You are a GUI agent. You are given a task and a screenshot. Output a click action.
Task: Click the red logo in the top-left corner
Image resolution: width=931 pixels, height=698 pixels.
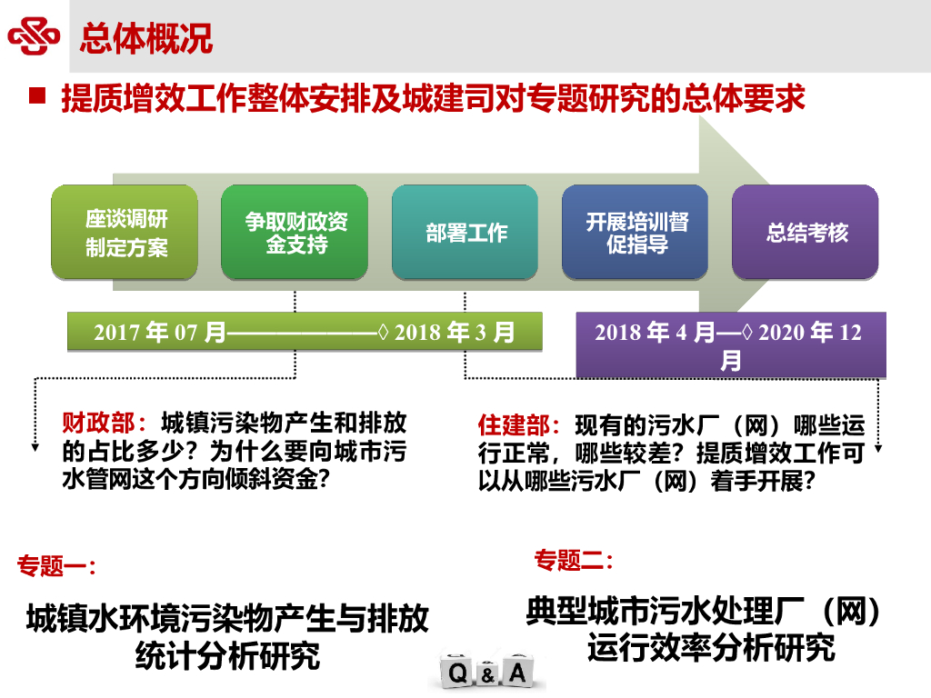click(34, 37)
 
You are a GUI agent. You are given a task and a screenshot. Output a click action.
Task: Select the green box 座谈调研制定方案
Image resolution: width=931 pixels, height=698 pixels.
click(125, 233)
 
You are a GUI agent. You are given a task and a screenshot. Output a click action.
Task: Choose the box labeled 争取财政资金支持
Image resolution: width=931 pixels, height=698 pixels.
click(295, 233)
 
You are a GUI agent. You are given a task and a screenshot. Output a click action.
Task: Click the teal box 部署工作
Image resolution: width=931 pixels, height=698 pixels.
click(465, 233)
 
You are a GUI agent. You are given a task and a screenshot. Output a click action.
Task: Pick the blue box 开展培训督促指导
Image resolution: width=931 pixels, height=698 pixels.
click(636, 233)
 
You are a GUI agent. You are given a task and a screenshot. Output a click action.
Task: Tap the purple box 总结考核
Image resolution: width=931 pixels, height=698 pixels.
click(806, 233)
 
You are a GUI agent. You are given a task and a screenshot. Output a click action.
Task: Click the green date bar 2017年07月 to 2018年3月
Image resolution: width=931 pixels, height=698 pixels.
click(305, 332)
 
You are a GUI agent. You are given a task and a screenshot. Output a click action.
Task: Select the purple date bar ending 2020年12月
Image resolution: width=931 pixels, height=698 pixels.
click(730, 344)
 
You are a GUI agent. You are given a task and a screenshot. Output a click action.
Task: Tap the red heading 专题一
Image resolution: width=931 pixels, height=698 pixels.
click(56, 566)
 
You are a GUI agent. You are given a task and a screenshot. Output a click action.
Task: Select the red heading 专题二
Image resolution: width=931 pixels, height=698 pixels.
click(573, 560)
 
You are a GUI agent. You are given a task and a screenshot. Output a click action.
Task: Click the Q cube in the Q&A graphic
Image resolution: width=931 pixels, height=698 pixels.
click(458, 673)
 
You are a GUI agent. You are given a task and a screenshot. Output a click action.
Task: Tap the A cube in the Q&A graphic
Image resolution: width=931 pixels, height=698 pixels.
click(517, 673)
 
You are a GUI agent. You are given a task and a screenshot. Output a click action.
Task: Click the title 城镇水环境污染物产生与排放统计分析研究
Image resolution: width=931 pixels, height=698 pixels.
click(227, 636)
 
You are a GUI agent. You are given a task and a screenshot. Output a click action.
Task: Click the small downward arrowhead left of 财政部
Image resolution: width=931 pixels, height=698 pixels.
click(35, 445)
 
